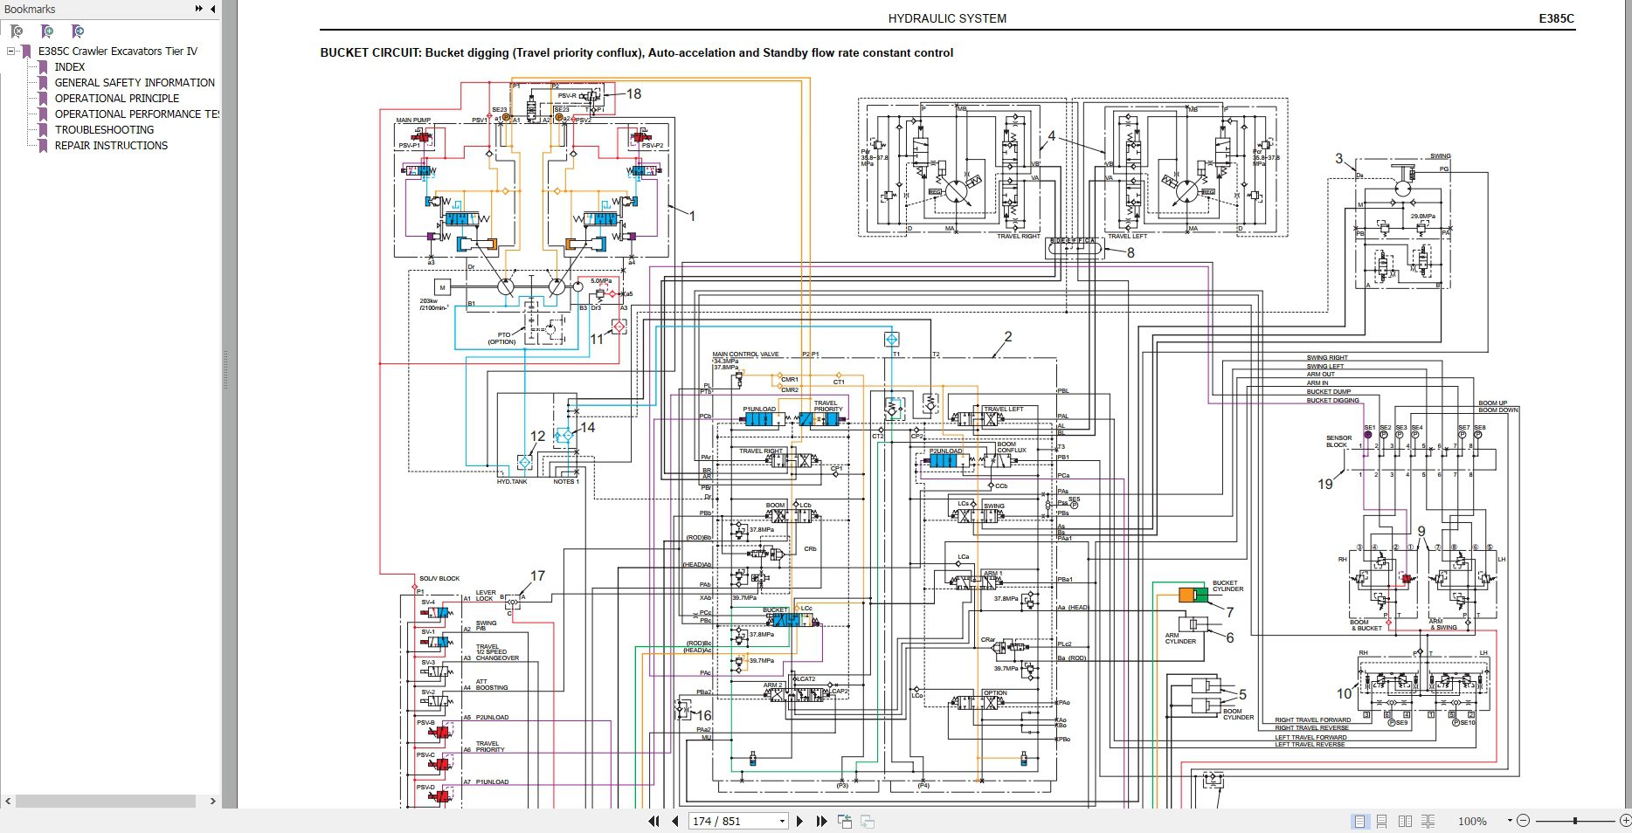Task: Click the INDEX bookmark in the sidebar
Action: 70,67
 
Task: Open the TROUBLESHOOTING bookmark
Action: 104,130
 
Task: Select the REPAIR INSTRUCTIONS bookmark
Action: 111,146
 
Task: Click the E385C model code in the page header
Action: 1556,18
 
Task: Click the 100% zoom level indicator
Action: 1472,821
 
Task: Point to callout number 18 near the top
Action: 633,93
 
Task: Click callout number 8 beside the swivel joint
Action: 1131,252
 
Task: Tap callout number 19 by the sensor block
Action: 1325,484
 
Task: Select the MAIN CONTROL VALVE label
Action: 745,355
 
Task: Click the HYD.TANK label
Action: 512,482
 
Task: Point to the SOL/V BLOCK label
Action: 439,578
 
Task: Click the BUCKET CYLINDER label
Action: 1227,586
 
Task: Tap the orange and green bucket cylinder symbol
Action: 1193,595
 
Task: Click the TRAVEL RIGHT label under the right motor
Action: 1019,236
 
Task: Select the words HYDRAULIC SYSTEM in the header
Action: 947,18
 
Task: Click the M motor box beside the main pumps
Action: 442,287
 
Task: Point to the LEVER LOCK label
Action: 485,595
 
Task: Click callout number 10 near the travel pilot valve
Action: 1344,693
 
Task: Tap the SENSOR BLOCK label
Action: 1338,442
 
